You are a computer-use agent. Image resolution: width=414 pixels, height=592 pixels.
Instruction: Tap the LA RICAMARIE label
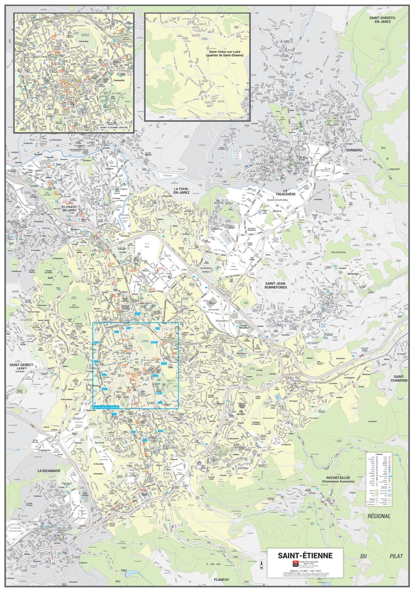[x=49, y=470]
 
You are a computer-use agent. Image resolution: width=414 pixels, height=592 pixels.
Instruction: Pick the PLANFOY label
[x=222, y=580]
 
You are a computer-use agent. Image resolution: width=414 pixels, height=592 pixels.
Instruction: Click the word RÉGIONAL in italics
[x=379, y=516]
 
